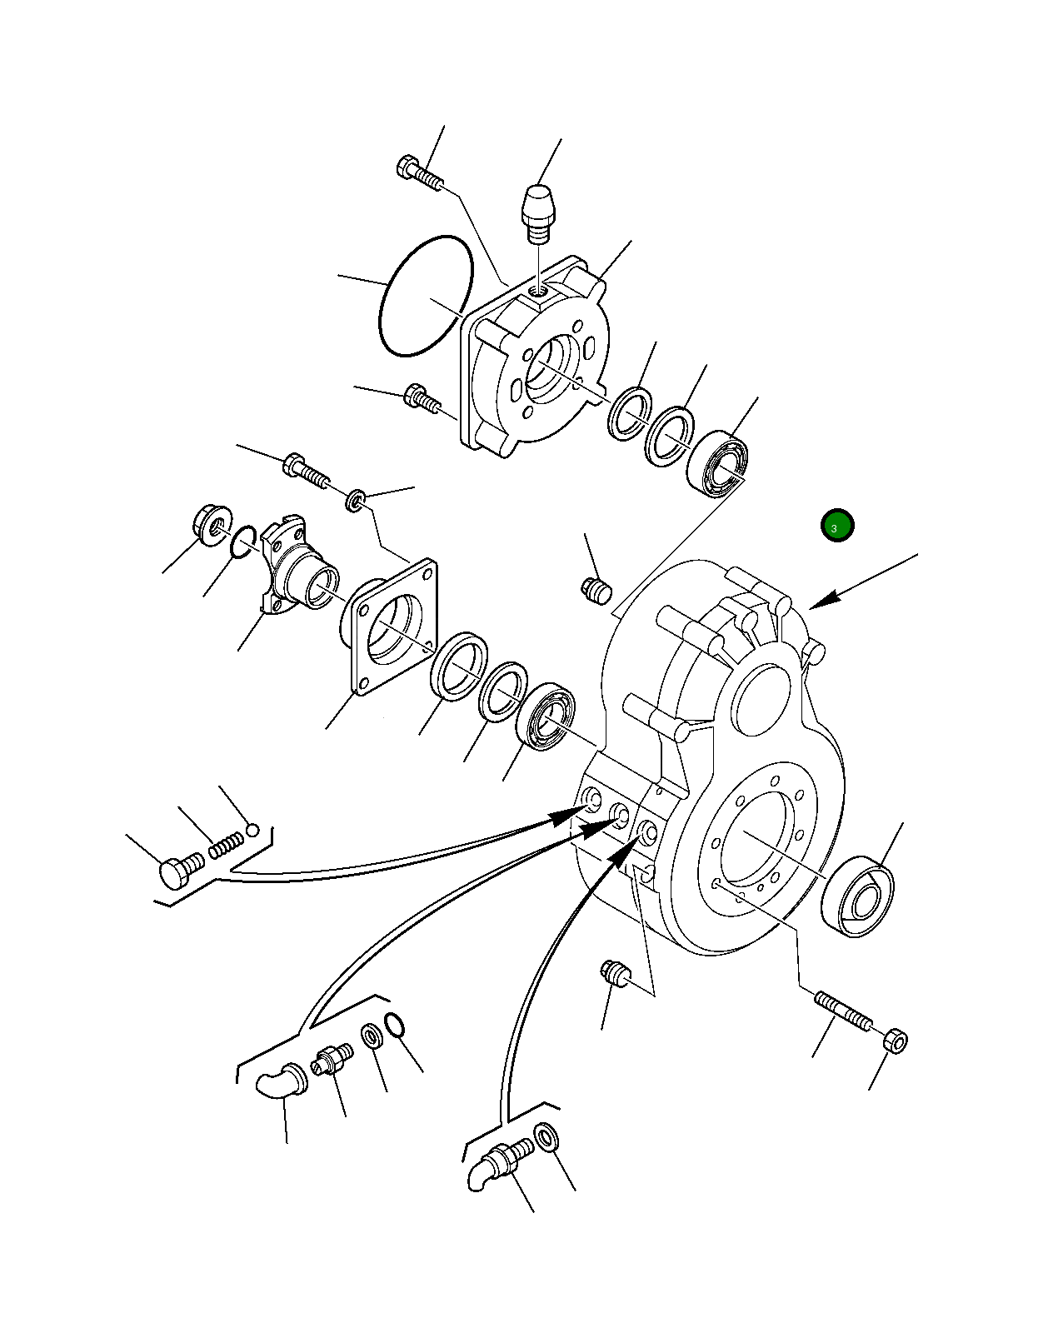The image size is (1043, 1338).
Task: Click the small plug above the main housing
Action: (596, 590)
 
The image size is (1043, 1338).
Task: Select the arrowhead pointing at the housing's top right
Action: (824, 600)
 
